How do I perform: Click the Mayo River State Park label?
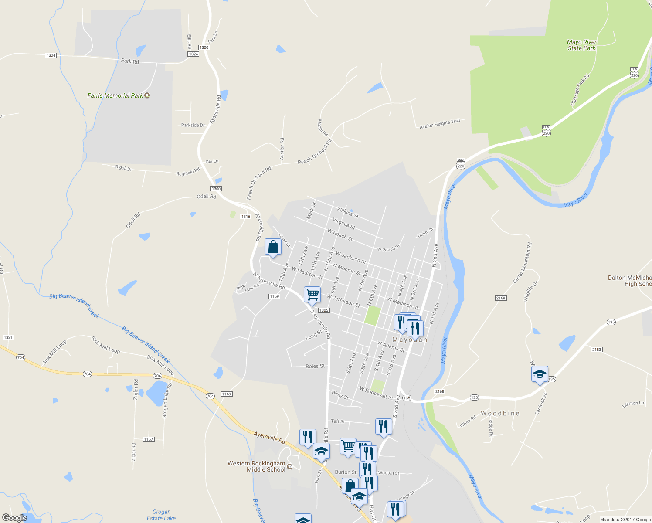click(582, 45)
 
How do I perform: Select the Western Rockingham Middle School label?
click(256, 466)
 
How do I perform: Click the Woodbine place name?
click(500, 413)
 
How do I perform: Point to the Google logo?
click(15, 518)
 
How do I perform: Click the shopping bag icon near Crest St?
click(273, 247)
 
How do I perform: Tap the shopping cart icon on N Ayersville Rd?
click(312, 295)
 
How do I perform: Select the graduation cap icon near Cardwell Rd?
click(540, 374)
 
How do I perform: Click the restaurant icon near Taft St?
click(384, 427)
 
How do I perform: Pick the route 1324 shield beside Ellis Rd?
click(193, 54)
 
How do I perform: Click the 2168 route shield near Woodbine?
click(439, 391)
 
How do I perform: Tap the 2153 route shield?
click(597, 350)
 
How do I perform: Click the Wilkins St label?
click(348, 212)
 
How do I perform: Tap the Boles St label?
click(315, 366)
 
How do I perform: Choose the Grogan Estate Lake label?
click(161, 515)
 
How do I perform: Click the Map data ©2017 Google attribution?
click(625, 520)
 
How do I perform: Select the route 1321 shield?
click(8, 337)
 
